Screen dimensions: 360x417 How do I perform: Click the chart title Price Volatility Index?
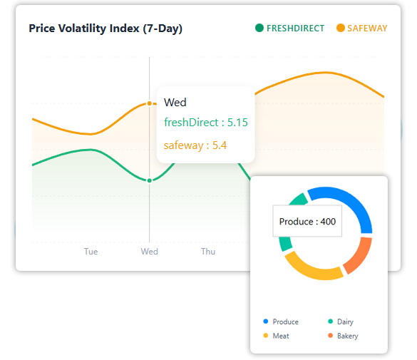tap(105, 29)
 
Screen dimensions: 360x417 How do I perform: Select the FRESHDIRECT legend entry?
tap(295, 29)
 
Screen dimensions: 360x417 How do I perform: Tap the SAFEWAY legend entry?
tap(367, 29)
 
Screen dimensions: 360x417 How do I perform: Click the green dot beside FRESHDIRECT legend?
tap(259, 29)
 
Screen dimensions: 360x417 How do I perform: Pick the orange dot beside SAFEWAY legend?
tap(340, 29)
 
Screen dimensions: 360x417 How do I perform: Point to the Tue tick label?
tap(91, 252)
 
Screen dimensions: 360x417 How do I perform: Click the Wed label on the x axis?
tap(149, 252)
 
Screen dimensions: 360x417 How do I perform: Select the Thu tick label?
tap(207, 252)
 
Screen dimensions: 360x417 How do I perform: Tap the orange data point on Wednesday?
tap(149, 103)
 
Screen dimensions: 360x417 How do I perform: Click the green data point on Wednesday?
tap(149, 180)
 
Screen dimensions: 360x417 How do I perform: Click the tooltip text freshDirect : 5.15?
tap(206, 123)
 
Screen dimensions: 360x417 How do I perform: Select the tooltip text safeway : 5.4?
tap(195, 145)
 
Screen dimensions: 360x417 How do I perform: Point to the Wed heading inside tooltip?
tap(175, 103)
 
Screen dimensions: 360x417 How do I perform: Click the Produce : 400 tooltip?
tap(307, 222)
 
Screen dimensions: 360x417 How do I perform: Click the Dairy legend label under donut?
tap(345, 322)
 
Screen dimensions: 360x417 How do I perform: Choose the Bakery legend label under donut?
tap(347, 336)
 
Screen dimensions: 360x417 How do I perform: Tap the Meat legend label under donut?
tap(281, 336)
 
